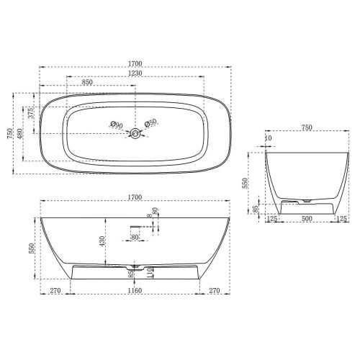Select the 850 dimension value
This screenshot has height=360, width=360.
(87, 83)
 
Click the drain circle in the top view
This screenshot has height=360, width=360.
(134, 133)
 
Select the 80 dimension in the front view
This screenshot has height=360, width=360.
(135, 236)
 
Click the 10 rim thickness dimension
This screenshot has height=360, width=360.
(268, 138)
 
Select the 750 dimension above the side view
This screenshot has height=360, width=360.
(306, 127)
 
